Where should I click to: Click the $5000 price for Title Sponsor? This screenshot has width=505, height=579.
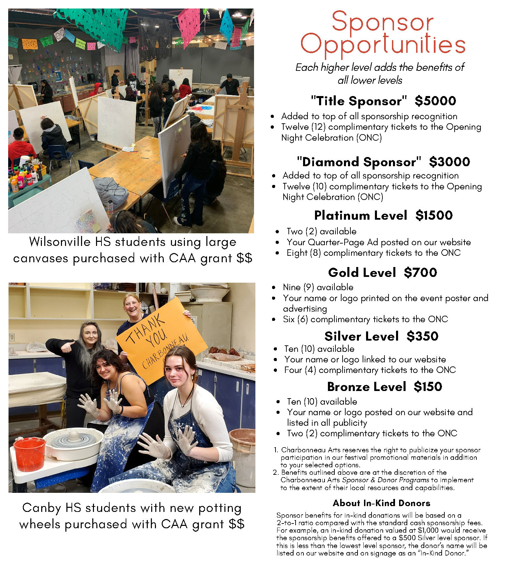pos(435,101)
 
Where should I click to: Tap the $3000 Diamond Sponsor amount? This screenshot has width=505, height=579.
pos(449,162)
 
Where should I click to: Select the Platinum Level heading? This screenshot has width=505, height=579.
pos(361,216)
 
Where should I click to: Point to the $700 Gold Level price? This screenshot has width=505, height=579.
pos(420,272)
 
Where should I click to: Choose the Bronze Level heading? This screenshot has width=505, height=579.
pos(366,387)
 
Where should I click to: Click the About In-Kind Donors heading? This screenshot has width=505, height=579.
pos(381,503)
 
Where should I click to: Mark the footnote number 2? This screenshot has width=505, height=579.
pos(275,472)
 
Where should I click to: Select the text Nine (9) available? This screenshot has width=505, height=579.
pos(318,287)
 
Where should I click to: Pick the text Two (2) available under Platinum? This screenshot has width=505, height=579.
pos(321,232)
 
